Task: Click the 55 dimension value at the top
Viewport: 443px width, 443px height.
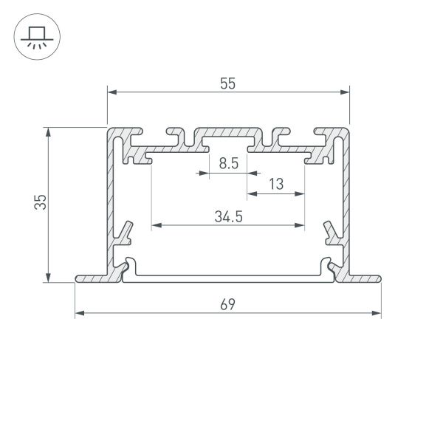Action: pyautogui.click(x=227, y=83)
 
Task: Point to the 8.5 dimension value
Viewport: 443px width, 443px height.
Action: pyautogui.click(x=228, y=164)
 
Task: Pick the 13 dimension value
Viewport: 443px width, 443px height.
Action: pyautogui.click(x=276, y=185)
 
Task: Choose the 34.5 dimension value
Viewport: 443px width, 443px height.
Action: pyautogui.click(x=229, y=216)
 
